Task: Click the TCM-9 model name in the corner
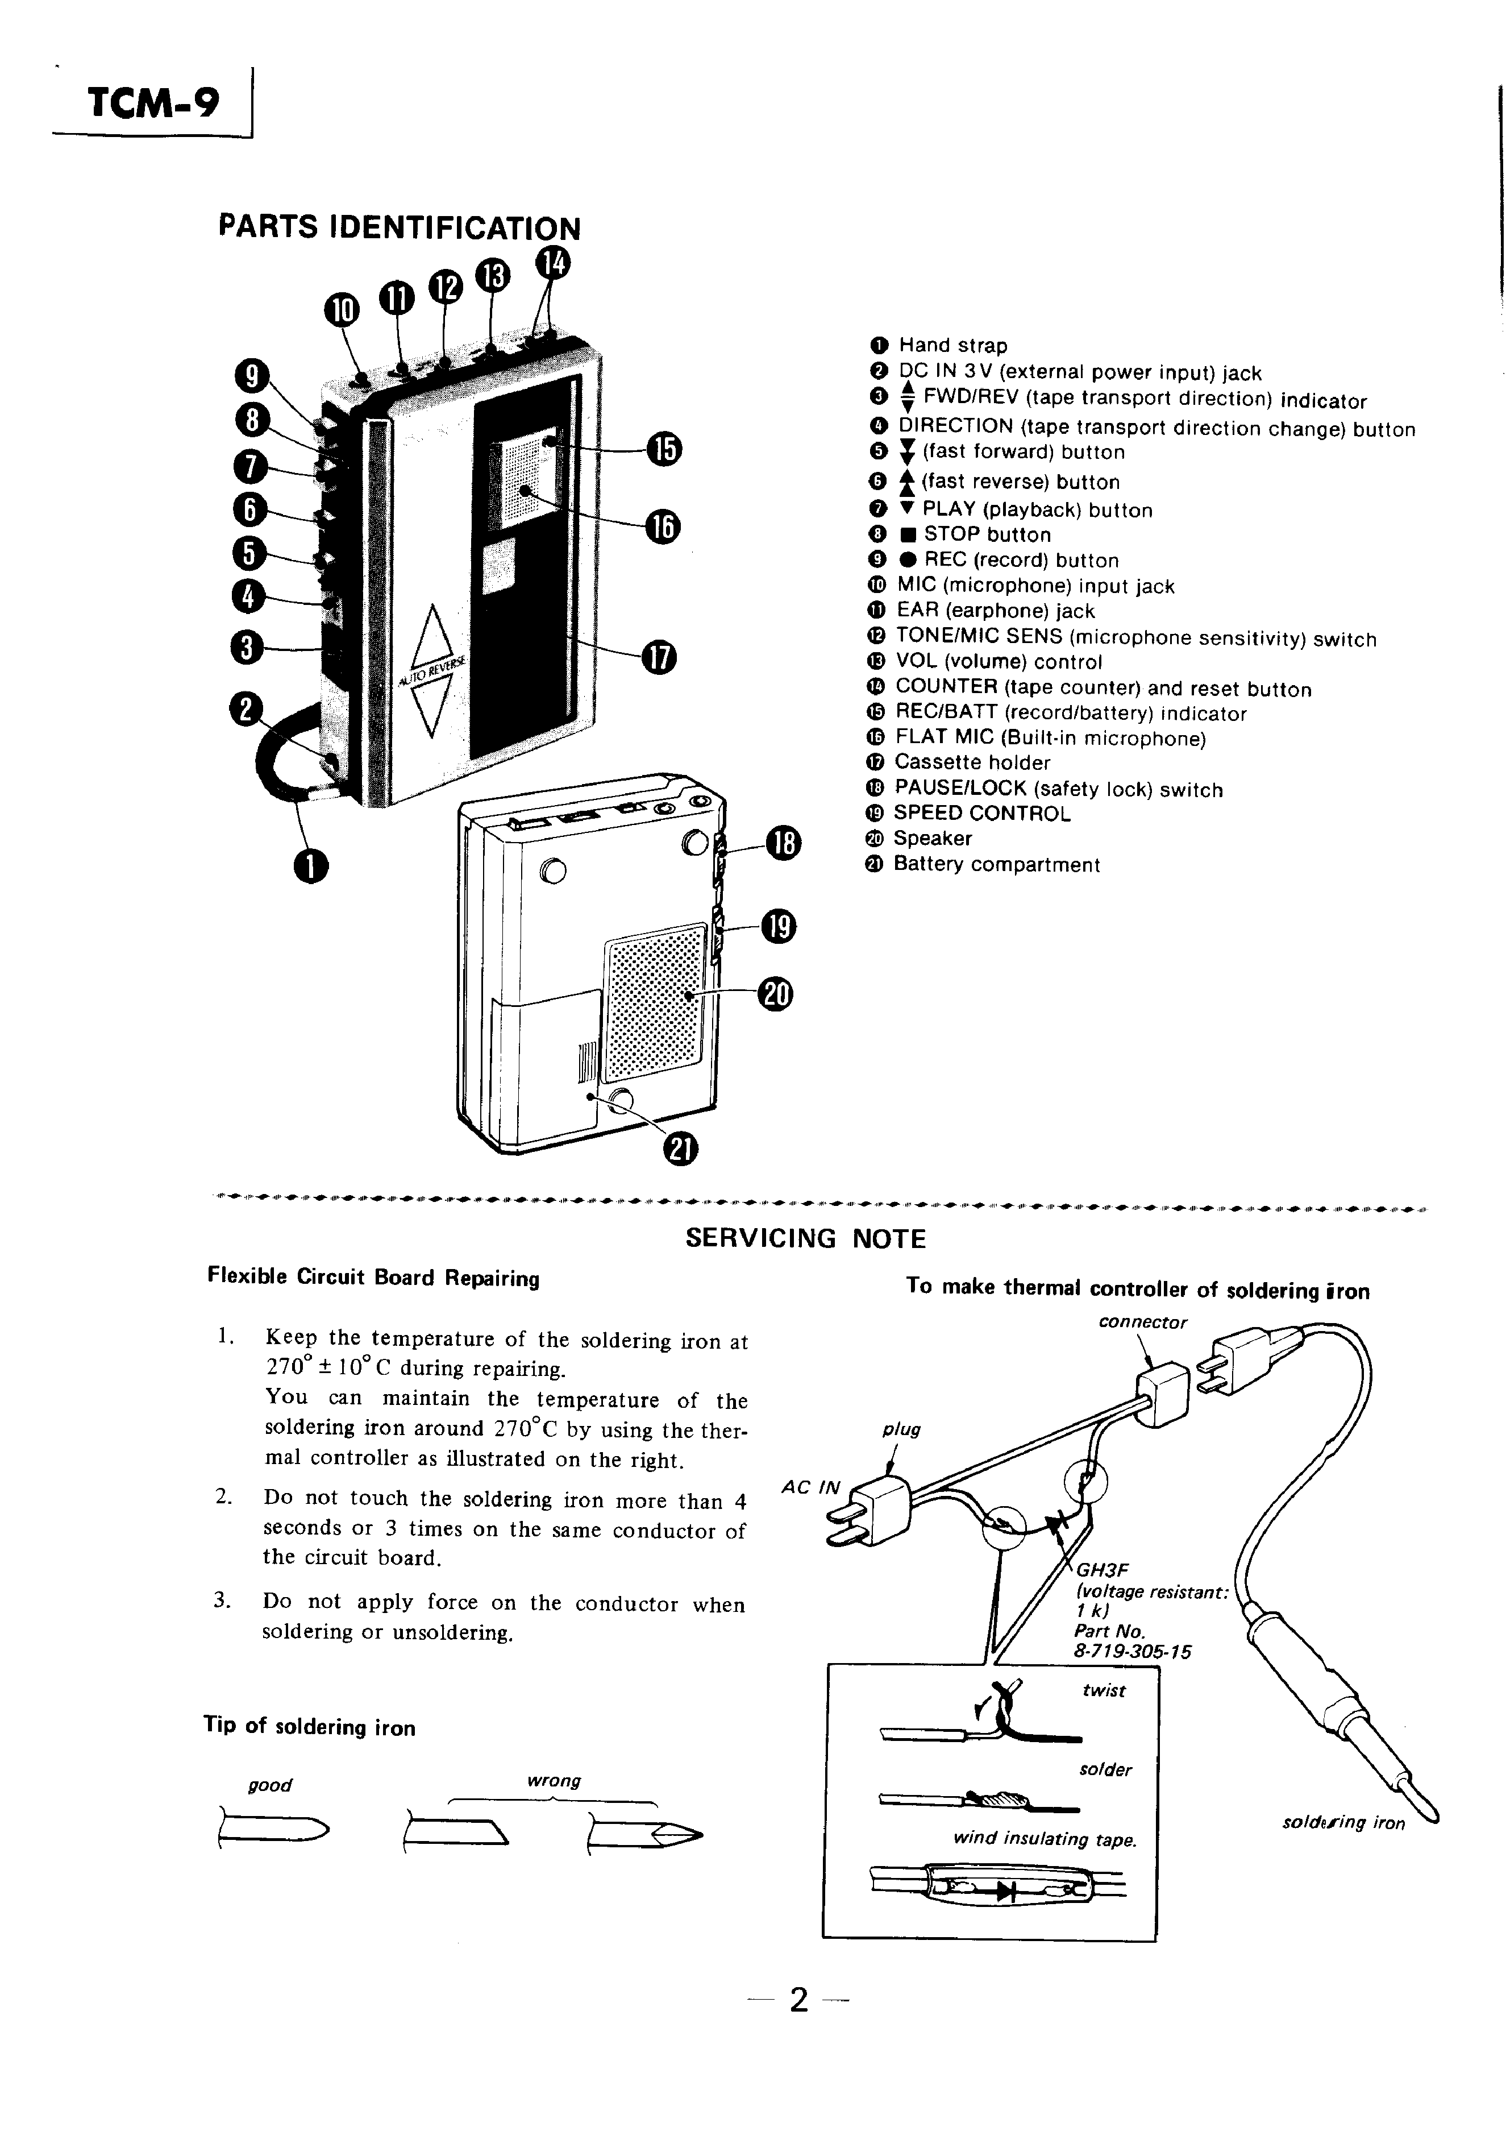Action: (153, 103)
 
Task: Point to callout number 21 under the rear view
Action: (680, 1149)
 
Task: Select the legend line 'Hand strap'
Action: (952, 346)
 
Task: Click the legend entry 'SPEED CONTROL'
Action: (981, 814)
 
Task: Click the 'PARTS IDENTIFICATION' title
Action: (399, 227)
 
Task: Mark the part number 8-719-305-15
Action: (1132, 1652)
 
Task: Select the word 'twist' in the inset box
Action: (1103, 1691)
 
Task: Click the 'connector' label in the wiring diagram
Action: (1142, 1322)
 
